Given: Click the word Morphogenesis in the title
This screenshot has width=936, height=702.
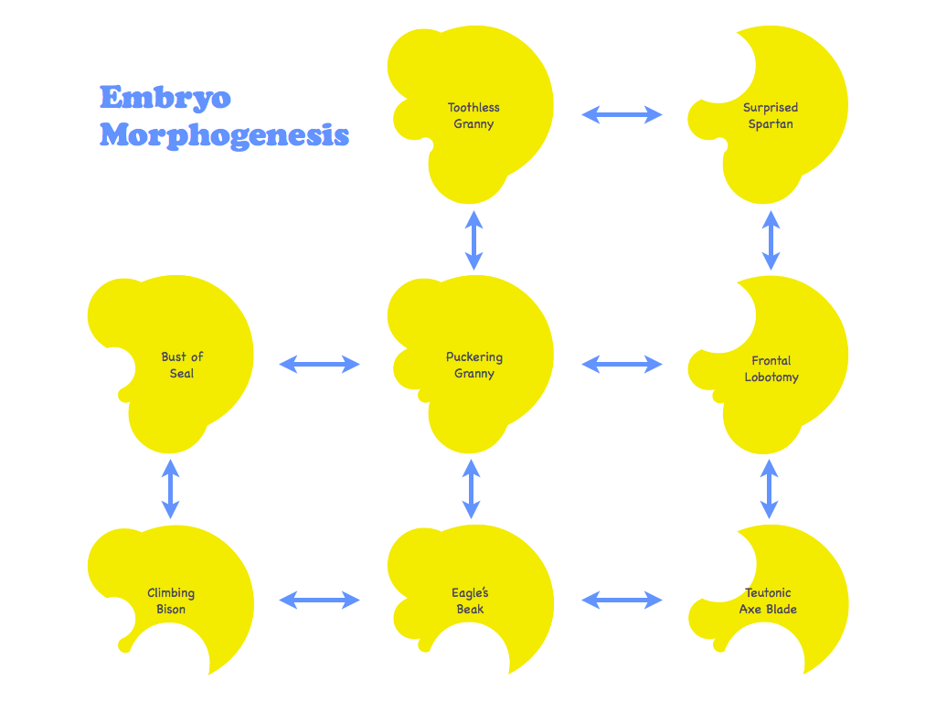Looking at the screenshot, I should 224,135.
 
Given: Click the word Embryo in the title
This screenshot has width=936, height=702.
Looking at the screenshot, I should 165,98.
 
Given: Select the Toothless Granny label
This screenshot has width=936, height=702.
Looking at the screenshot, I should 473,116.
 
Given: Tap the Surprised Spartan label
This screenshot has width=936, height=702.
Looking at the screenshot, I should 770,116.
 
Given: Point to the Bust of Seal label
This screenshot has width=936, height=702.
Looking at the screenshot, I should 182,366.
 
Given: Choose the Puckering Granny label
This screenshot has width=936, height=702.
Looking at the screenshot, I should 474,366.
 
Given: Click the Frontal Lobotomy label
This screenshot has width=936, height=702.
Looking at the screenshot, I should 771,369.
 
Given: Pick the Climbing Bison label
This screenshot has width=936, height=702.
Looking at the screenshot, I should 171,601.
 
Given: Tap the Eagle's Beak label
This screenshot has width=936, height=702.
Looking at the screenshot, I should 470,601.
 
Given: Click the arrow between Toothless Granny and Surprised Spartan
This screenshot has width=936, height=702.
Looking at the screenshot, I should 622,114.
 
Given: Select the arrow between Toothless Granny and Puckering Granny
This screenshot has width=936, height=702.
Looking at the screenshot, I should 473,240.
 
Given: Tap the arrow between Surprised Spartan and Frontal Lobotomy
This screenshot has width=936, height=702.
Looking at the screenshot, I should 771,240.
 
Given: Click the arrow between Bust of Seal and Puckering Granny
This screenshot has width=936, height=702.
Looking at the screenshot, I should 319,364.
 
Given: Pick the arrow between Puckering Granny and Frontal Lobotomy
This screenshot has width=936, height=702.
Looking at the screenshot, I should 622,364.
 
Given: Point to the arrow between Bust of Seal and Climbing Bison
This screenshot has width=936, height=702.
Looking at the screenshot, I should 170,489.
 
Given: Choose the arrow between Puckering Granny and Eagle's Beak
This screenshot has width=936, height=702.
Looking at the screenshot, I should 471,489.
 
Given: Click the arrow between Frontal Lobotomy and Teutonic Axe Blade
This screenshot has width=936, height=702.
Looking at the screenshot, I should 769,489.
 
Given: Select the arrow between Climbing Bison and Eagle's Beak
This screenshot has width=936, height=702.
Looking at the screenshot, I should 319,600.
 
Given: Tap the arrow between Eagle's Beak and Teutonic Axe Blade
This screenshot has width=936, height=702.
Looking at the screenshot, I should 622,600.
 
